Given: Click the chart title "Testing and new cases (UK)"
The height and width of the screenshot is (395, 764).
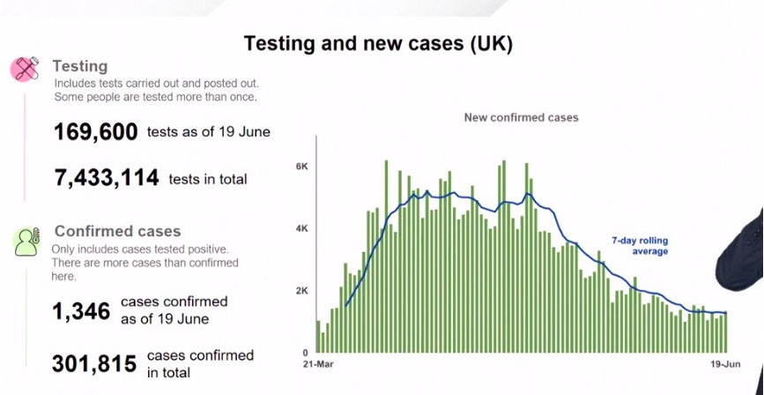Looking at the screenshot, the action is [378, 43].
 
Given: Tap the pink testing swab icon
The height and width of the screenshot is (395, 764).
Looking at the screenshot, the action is [25, 69].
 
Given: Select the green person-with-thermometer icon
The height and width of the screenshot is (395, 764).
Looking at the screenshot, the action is [26, 242].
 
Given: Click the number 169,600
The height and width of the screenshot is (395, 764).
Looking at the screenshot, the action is [96, 132].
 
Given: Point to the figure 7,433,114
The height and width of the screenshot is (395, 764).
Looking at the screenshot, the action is [107, 177].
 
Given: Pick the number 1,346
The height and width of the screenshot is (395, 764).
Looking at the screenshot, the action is [81, 311].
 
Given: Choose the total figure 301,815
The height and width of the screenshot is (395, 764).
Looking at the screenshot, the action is [94, 364].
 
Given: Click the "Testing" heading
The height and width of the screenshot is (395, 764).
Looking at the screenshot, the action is [80, 66].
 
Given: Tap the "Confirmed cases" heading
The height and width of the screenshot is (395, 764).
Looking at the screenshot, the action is [117, 231].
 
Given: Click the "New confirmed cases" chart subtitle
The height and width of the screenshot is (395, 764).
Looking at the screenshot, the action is [521, 117].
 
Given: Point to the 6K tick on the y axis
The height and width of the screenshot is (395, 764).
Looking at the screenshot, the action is [302, 167].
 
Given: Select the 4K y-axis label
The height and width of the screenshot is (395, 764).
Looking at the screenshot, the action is [302, 228].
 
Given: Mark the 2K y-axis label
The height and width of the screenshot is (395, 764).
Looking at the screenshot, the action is [302, 291].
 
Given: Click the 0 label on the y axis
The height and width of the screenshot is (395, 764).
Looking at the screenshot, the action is [305, 353].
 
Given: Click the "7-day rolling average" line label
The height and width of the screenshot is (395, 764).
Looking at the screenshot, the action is [640, 246].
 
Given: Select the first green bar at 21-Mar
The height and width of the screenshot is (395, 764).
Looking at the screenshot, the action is [318, 337].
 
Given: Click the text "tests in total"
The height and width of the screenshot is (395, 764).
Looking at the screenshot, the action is [208, 180].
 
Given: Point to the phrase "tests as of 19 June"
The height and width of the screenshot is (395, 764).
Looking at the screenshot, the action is [209, 131].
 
